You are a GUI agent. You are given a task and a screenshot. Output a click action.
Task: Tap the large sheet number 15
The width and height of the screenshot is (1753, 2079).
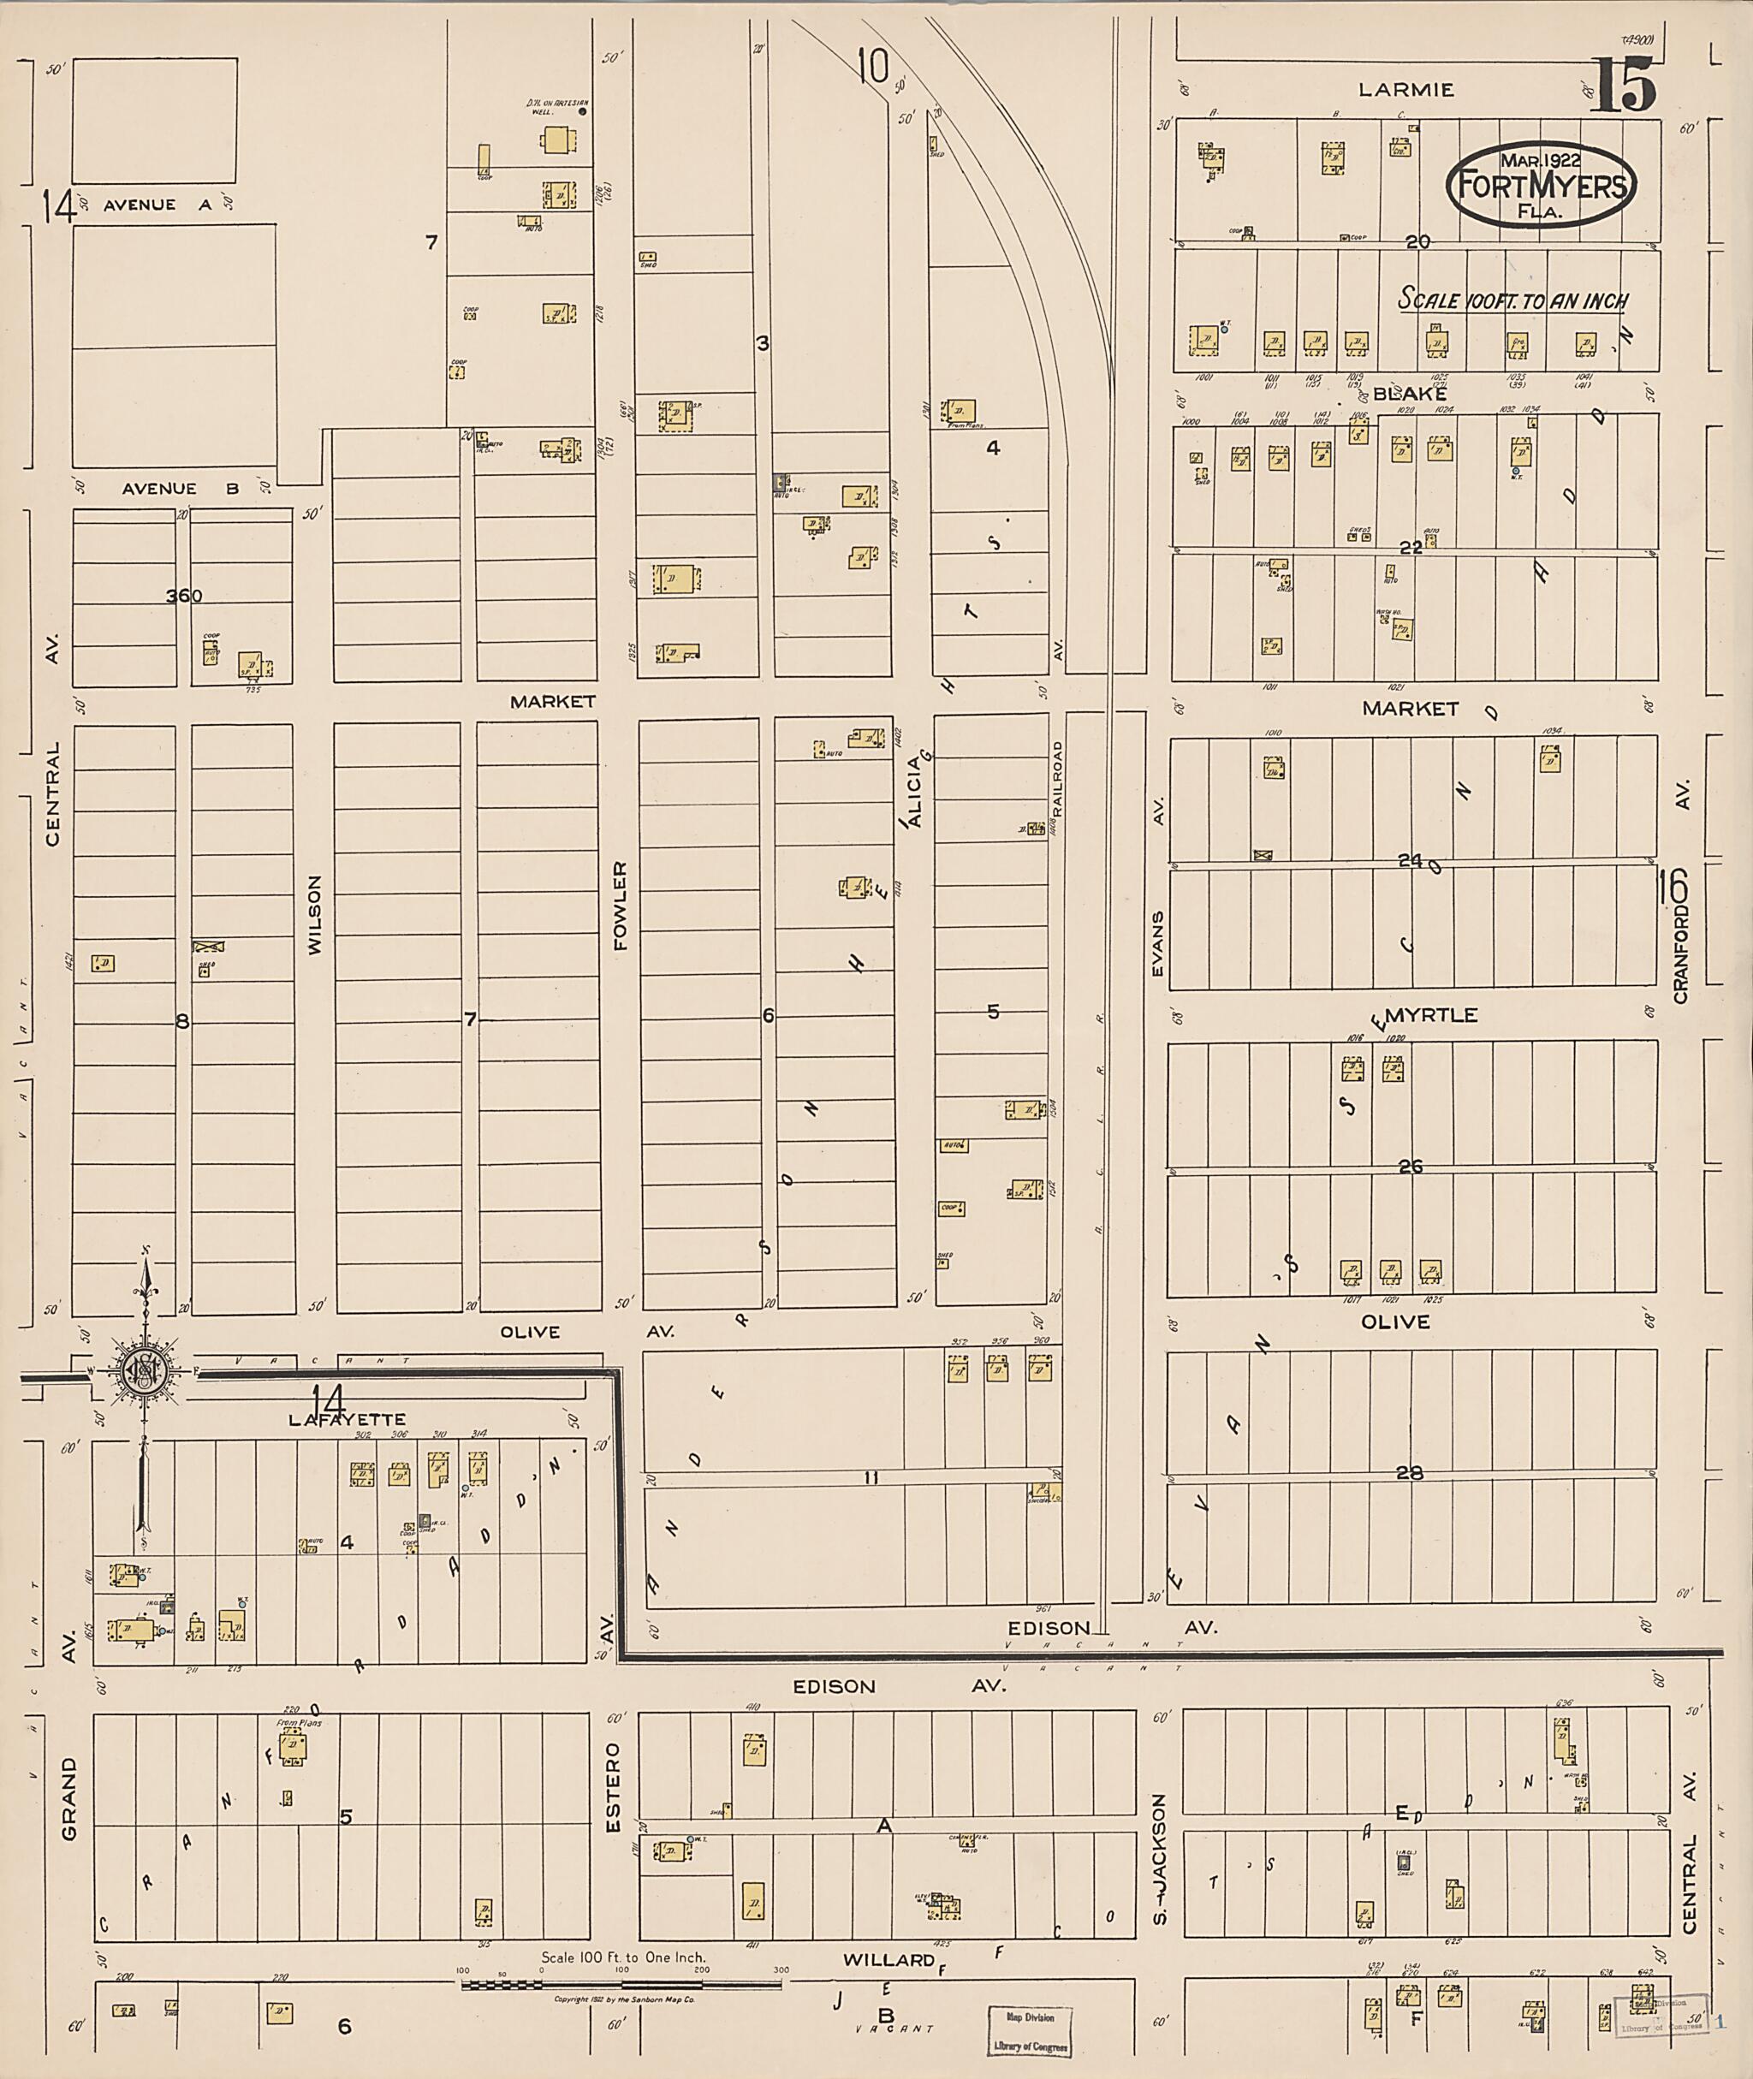click(x=1625, y=86)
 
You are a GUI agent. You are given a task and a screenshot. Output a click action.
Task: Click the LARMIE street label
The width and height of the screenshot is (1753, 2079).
click(x=1405, y=89)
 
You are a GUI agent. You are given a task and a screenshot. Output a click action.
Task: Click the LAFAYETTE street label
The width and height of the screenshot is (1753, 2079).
click(x=347, y=1420)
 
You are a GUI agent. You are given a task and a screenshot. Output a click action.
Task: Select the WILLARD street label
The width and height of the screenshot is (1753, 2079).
click(x=889, y=1959)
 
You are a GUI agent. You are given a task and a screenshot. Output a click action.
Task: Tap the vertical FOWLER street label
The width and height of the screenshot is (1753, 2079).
click(x=621, y=906)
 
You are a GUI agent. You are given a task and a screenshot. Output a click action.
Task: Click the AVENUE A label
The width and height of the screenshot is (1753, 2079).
click(x=158, y=205)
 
